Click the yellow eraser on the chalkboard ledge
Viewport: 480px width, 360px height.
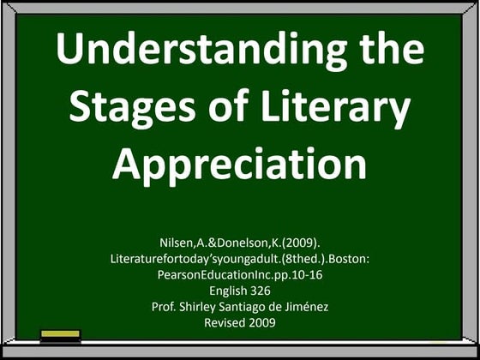(60, 335)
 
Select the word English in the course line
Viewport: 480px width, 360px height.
(225, 292)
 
